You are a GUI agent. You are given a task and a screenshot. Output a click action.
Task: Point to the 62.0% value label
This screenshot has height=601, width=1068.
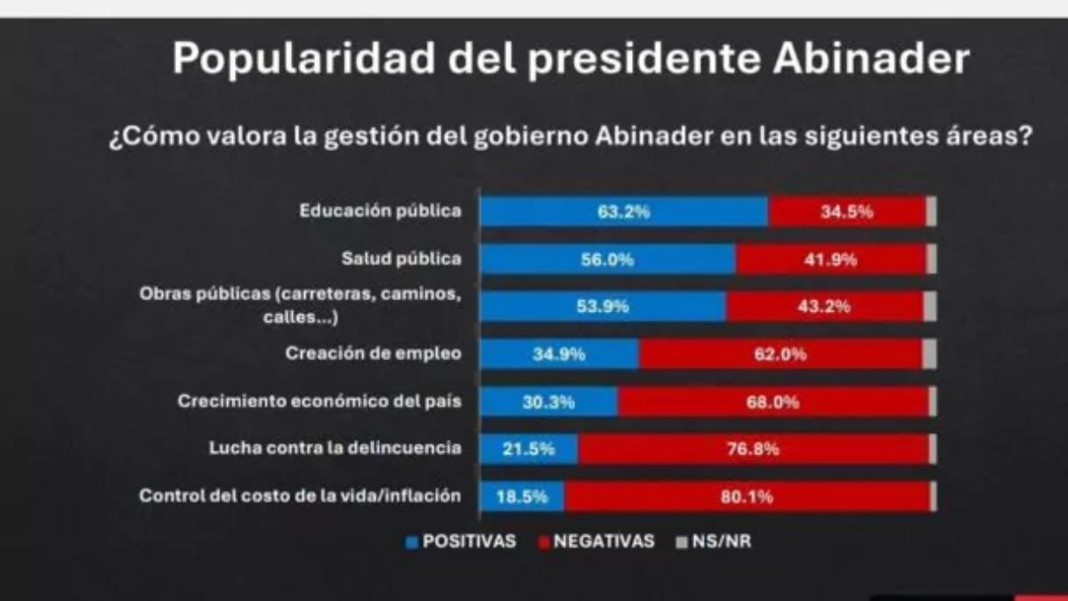tap(781, 354)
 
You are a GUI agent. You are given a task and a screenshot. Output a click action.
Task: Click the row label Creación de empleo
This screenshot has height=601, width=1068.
tap(373, 353)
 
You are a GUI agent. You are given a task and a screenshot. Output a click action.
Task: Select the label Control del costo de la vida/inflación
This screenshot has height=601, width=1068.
tap(300, 496)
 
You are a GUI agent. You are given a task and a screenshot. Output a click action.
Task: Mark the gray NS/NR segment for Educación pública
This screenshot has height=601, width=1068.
tap(931, 212)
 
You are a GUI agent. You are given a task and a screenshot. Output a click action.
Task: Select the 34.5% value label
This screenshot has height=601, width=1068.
tap(846, 212)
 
